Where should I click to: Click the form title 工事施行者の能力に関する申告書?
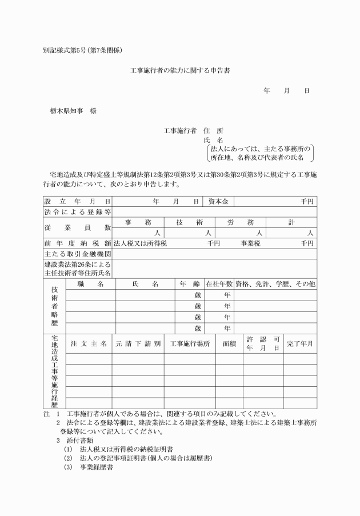180,71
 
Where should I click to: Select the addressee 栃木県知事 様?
73,111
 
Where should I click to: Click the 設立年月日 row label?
77,201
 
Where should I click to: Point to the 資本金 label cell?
218,201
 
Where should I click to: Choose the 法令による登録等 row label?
77,212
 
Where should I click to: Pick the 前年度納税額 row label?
77,243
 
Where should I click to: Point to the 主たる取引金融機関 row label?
77,254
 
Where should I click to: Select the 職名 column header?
90,284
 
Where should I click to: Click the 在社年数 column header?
219,284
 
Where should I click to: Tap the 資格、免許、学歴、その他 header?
275,284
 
